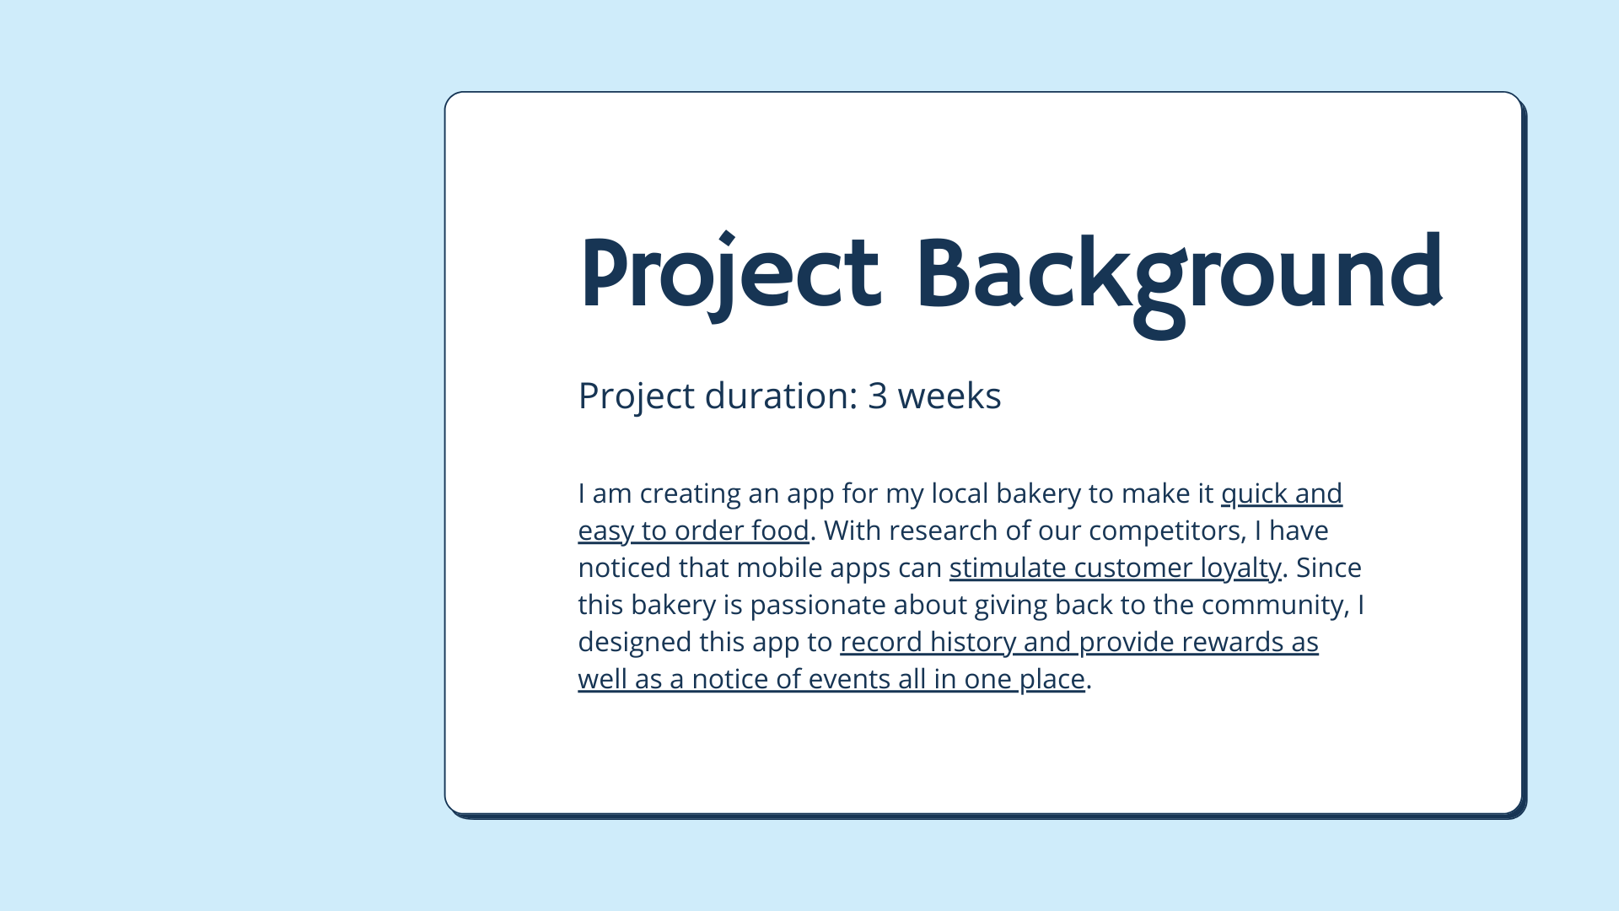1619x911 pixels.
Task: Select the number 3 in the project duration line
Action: [877, 396]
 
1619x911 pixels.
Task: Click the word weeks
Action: [949, 396]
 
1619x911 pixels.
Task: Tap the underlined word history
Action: [973, 643]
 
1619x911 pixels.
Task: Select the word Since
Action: [1328, 568]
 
